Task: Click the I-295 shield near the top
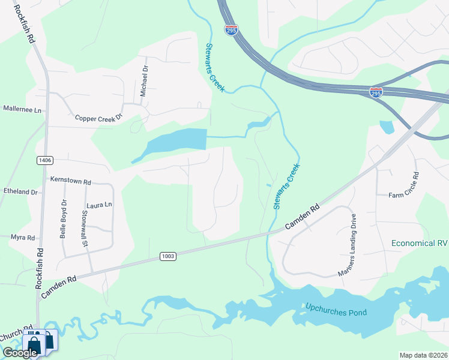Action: (x=232, y=30)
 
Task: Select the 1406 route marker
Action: (x=44, y=160)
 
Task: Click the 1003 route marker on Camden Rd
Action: (x=168, y=256)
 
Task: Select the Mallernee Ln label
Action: (x=22, y=110)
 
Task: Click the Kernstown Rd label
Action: (x=70, y=181)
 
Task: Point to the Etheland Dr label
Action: (x=20, y=191)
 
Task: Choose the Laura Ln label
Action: (x=100, y=205)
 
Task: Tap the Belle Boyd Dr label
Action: (x=62, y=219)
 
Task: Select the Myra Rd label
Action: (x=23, y=238)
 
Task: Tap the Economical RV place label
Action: (x=420, y=243)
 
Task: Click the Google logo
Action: (x=20, y=353)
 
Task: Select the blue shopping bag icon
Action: (x=32, y=343)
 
